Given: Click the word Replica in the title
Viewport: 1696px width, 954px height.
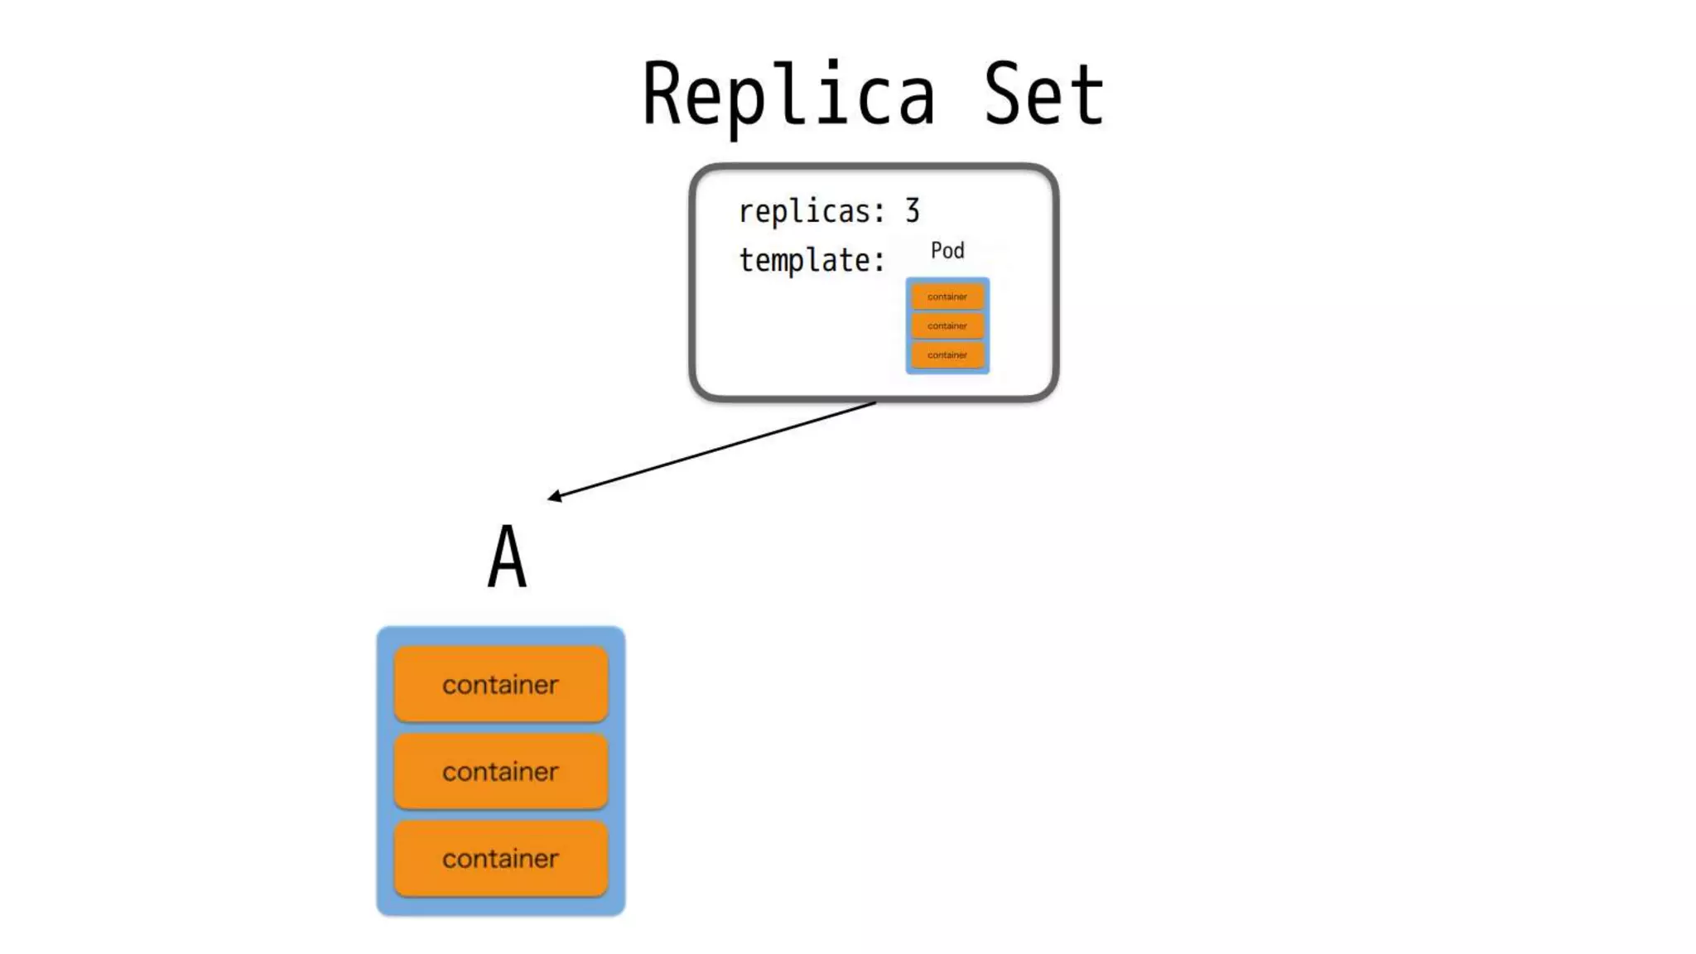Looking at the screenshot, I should pyautogui.click(x=789, y=95).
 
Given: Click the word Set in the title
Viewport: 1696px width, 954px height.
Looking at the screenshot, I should pyautogui.click(x=1043, y=95).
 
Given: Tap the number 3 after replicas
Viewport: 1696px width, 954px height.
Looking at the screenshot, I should pyautogui.click(x=912, y=211).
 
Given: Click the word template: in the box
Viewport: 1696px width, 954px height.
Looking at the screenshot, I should pyautogui.click(x=811, y=260).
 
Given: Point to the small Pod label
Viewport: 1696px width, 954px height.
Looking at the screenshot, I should pyautogui.click(x=947, y=250).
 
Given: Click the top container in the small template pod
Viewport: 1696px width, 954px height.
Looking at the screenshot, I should pyautogui.click(x=947, y=296).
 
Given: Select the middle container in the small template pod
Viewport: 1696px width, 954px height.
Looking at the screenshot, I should pyautogui.click(x=947, y=325).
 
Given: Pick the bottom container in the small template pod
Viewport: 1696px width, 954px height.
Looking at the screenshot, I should pyautogui.click(x=947, y=354).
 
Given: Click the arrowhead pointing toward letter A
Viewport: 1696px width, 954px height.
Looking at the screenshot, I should pyautogui.click(x=553, y=497).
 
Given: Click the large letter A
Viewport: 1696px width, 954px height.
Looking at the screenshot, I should pyautogui.click(x=507, y=557).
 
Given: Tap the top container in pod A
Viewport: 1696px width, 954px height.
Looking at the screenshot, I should pyautogui.click(x=500, y=684).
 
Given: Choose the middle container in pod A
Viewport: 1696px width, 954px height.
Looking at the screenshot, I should pyautogui.click(x=500, y=771).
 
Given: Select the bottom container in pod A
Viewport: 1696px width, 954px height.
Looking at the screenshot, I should pyautogui.click(x=500, y=858).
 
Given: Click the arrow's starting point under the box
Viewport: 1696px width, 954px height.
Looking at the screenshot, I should pyautogui.click(x=874, y=403).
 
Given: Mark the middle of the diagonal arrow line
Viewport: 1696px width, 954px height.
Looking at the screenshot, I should pyautogui.click(x=713, y=450).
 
